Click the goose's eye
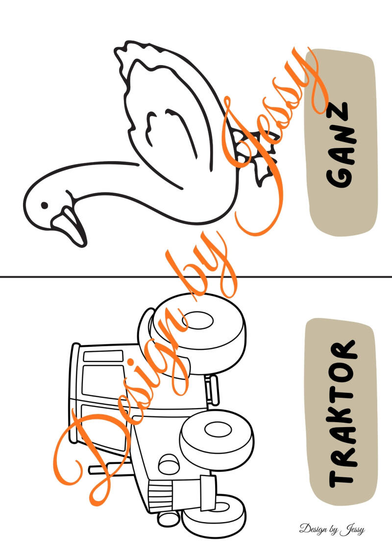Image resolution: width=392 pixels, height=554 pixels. point(44,205)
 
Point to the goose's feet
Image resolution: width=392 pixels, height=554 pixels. point(254,155)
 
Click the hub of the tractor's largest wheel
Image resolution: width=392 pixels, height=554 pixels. point(197,321)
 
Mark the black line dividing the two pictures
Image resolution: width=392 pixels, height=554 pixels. point(196,277)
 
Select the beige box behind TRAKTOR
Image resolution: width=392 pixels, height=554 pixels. point(342,411)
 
